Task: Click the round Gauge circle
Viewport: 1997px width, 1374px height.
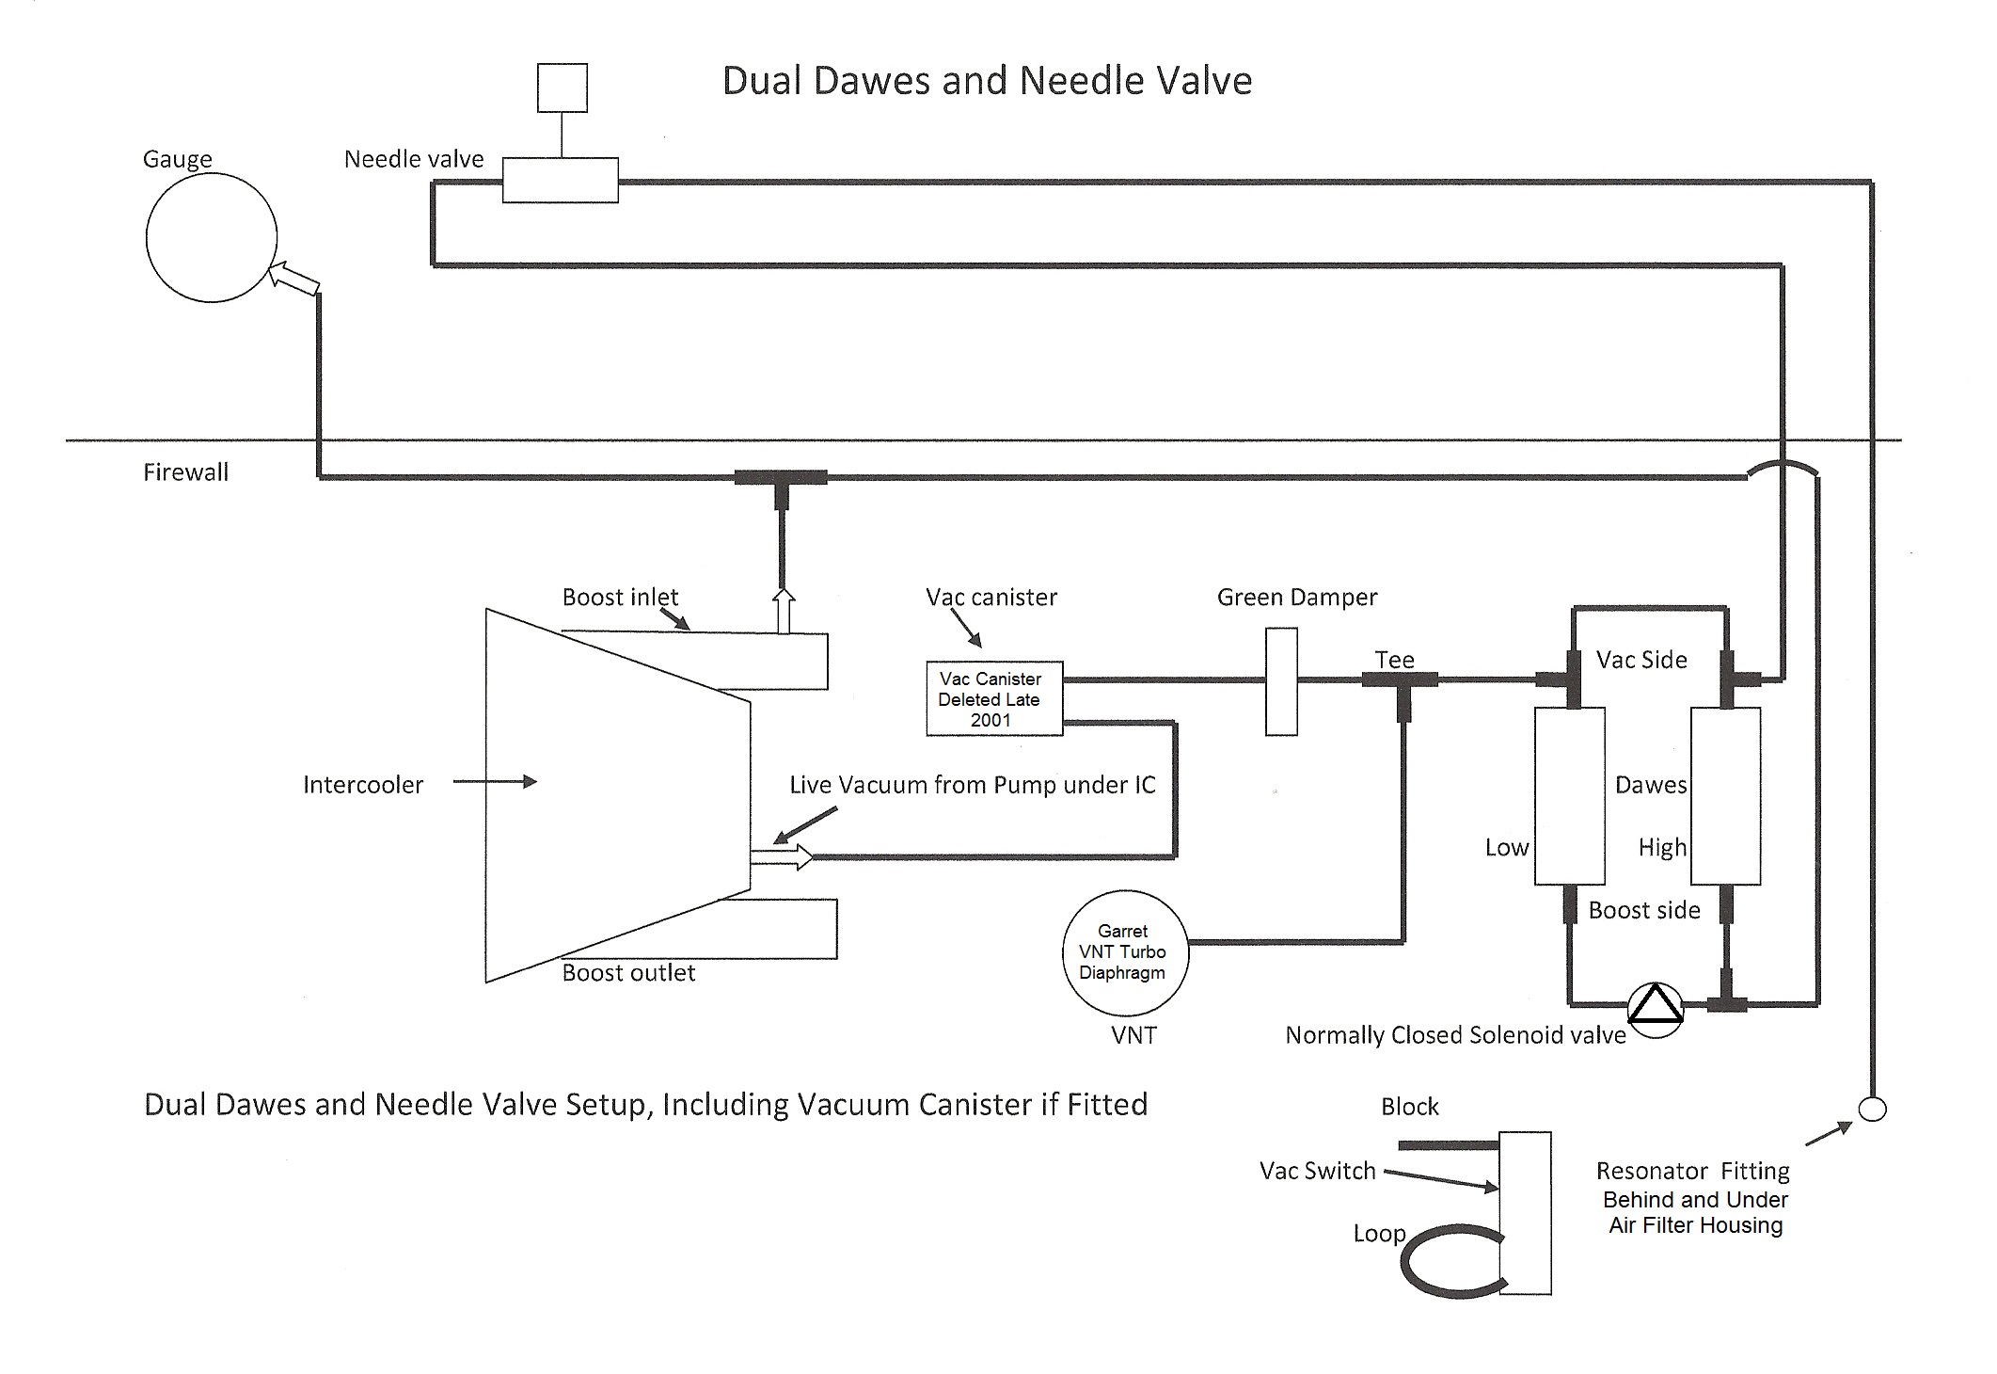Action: point(211,238)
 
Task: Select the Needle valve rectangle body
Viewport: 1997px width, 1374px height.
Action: point(560,180)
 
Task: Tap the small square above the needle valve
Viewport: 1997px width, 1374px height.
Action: point(563,88)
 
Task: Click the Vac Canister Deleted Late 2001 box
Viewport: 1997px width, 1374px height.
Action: point(994,698)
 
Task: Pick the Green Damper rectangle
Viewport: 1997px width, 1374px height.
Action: point(1281,680)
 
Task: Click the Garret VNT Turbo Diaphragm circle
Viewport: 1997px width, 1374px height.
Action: point(1125,952)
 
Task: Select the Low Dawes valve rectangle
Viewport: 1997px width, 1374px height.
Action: point(1569,796)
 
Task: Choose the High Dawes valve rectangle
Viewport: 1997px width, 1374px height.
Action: point(1725,796)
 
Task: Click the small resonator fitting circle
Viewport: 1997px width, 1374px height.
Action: point(1873,1109)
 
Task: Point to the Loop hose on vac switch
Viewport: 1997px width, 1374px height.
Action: point(1449,1261)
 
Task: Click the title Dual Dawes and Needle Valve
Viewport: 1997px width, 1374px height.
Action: point(987,81)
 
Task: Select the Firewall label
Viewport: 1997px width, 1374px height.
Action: point(185,472)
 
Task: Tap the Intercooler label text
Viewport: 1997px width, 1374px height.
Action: point(363,785)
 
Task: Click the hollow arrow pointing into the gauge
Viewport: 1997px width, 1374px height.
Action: point(294,280)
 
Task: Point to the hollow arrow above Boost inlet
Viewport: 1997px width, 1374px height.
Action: point(783,611)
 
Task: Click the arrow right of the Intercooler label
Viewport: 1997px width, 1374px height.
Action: point(495,781)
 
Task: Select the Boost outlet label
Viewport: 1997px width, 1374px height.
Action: point(628,973)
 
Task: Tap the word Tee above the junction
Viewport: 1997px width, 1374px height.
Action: point(1394,660)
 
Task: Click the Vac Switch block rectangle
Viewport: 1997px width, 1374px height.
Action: point(1524,1213)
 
